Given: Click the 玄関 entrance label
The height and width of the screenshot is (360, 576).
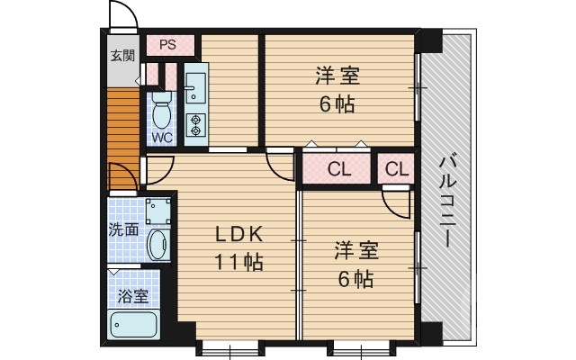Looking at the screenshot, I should click(x=122, y=56).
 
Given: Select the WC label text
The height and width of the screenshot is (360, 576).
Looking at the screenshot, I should click(x=162, y=138).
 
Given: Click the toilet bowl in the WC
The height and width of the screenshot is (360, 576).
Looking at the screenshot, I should click(x=162, y=112).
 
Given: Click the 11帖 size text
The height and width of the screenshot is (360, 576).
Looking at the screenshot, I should click(x=238, y=263).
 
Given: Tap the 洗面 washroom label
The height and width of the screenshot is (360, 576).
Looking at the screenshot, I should click(x=124, y=229).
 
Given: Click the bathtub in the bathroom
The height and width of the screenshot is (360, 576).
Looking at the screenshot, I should click(x=133, y=325).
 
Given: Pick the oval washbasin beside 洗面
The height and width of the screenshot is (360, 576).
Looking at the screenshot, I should click(x=157, y=244).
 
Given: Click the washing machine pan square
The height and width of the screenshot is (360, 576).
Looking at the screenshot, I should click(x=158, y=209).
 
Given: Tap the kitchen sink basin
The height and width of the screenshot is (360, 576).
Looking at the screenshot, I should click(x=196, y=88).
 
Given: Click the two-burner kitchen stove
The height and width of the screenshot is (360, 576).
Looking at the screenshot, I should click(x=196, y=125).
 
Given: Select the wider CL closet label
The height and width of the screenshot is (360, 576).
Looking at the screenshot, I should click(x=338, y=168).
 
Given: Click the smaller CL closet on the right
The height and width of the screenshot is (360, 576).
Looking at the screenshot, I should click(x=397, y=168).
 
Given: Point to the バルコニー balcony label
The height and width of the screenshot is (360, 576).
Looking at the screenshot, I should click(x=447, y=200).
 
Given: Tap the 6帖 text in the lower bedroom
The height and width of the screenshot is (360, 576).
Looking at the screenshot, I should click(x=355, y=279).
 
